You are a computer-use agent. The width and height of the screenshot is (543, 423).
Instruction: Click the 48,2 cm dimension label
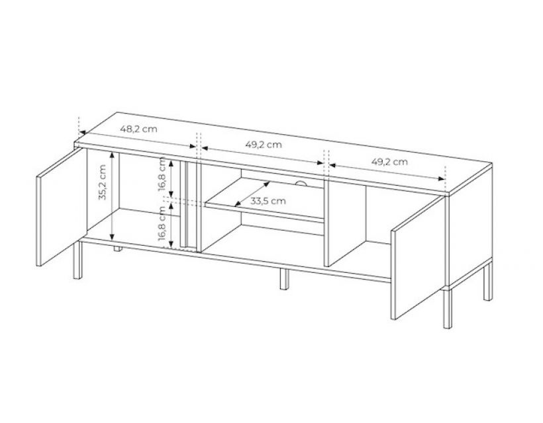138,130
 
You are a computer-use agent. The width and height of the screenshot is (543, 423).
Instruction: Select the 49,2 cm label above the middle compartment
264,145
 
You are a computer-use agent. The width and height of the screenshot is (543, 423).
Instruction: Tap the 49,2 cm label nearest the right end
389,161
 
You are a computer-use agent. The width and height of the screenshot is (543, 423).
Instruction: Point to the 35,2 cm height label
103,182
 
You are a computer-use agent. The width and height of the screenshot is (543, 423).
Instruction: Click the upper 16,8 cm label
162,174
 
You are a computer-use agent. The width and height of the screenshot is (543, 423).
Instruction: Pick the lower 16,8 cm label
162,223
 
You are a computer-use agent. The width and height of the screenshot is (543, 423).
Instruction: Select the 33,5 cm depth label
268,201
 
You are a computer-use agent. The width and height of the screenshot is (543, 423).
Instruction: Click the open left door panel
62,207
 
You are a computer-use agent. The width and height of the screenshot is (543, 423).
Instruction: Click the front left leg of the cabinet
77,260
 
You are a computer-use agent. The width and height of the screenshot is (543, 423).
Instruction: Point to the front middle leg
284,279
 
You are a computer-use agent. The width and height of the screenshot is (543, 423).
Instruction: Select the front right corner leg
448,307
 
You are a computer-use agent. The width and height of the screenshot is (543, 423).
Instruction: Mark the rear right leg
487,282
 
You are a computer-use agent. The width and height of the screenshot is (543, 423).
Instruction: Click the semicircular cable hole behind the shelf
301,183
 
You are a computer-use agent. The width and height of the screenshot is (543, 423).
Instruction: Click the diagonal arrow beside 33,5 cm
252,194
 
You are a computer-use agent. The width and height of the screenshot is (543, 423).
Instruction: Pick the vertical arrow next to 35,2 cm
112,196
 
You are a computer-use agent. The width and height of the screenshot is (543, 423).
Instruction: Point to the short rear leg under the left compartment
118,249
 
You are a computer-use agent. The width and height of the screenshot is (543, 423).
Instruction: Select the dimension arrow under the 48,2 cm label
138,139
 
